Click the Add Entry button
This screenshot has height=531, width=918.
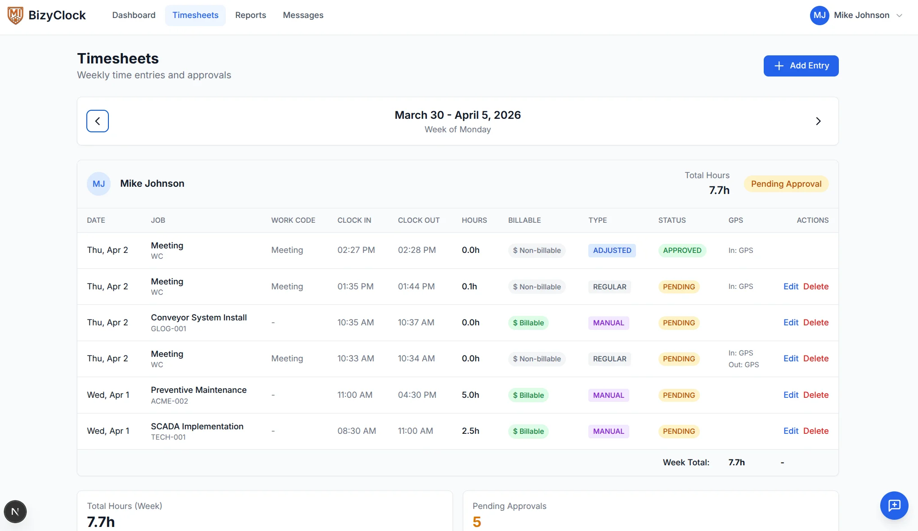pos(801,66)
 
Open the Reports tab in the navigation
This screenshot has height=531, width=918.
pos(251,15)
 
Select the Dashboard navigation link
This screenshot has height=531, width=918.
pos(134,15)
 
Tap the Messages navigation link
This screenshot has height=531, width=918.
pos(303,15)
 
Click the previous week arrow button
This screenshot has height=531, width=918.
pos(98,121)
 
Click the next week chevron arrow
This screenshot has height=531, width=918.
pos(818,121)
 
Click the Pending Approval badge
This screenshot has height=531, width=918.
pos(786,184)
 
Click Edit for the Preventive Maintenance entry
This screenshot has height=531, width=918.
pos(791,395)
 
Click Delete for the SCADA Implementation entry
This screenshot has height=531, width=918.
pos(816,431)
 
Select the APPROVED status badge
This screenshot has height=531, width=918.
pos(682,250)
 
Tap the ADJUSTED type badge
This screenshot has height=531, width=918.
pos(612,250)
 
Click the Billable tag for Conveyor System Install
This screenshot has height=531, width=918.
pos(528,323)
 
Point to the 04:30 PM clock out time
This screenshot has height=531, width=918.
pos(417,395)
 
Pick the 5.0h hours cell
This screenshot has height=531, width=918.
pos(470,395)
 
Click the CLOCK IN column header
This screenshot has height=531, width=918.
pos(354,220)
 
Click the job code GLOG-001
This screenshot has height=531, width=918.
pos(169,328)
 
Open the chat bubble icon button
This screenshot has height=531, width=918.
pos(894,505)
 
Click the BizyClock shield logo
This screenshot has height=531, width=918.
pos(15,15)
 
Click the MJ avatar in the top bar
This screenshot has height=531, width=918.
pos(819,15)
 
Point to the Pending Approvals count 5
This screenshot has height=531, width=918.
pos(477,522)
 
